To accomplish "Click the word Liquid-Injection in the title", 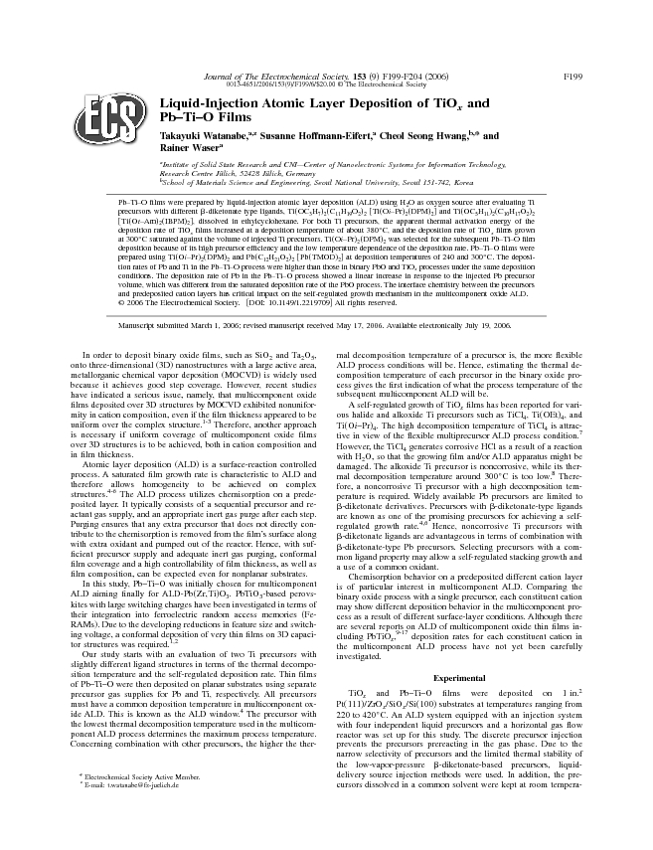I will tap(215, 104).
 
